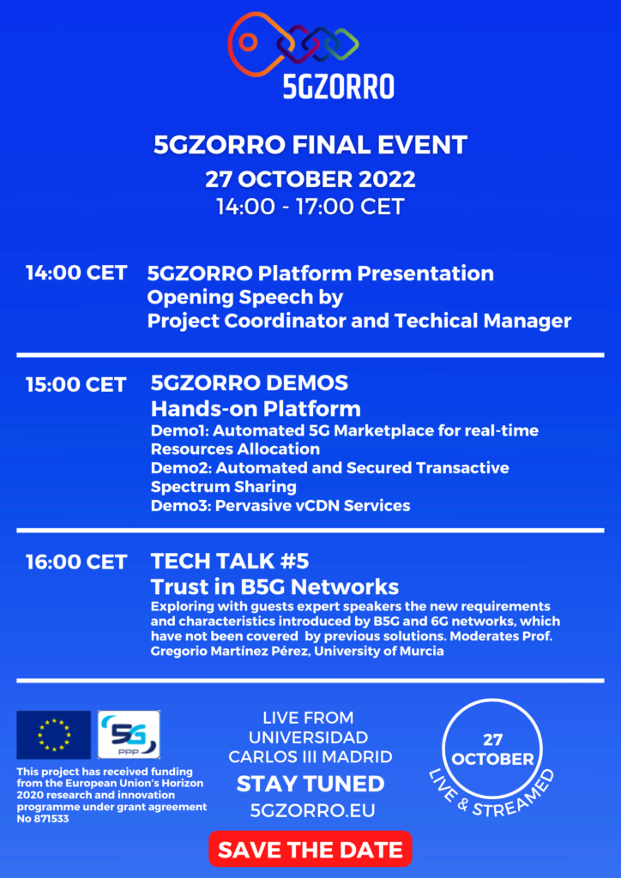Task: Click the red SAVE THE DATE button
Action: point(310,849)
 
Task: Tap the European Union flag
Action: point(54,735)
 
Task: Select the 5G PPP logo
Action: point(129,735)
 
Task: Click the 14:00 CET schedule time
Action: point(76,274)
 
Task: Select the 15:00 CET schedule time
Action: point(76,385)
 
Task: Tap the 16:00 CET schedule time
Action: point(76,562)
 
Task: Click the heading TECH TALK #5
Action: point(230,561)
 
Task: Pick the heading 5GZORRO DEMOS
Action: point(250,383)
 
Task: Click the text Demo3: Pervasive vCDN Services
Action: point(280,506)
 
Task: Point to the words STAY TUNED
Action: point(310,784)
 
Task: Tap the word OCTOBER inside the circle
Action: point(492,760)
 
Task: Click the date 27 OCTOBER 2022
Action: point(310,180)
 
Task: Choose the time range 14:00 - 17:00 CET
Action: point(310,207)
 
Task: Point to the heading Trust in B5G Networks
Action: point(275,586)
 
